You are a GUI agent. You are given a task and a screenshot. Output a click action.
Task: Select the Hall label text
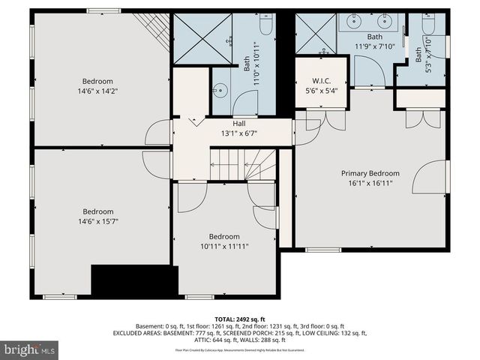pyautogui.click(x=239, y=124)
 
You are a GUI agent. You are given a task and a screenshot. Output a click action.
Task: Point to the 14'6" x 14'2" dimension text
pyautogui.click(x=97, y=91)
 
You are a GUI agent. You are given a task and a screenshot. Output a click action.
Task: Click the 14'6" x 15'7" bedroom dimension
pyautogui.click(x=97, y=221)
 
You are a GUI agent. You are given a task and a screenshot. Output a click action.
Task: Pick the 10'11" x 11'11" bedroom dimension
pyautogui.click(x=224, y=246)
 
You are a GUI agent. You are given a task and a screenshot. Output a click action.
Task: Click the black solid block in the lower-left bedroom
pyautogui.click(x=133, y=281)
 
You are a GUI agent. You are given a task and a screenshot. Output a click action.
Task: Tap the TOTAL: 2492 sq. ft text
pyautogui.click(x=239, y=318)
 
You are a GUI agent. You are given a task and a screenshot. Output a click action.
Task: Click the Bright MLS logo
pyautogui.click(x=30, y=349)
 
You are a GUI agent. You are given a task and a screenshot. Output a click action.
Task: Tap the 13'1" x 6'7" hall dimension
pyautogui.click(x=239, y=133)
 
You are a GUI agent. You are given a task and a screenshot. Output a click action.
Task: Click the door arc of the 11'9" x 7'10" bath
pyautogui.click(x=369, y=73)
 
